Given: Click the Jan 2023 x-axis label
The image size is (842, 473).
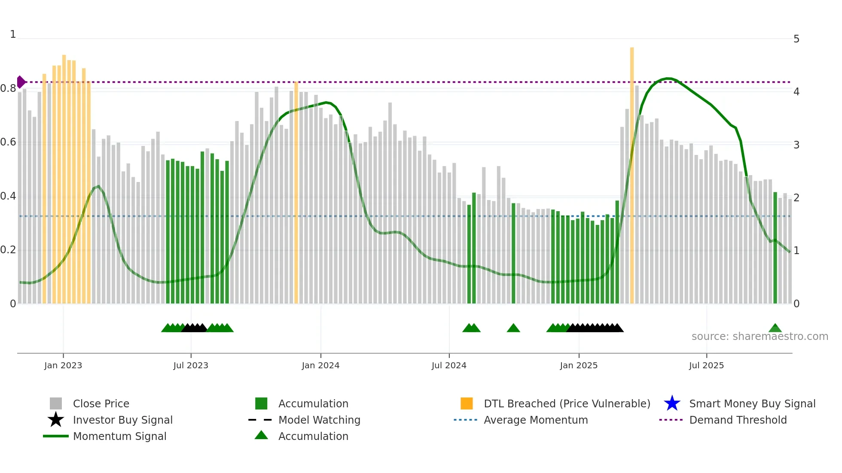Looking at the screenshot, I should [63, 365].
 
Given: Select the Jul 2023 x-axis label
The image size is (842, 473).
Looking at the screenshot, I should [191, 365].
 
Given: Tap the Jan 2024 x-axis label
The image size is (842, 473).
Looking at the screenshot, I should [320, 365].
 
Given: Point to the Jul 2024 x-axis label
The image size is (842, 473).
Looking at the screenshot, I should [449, 365].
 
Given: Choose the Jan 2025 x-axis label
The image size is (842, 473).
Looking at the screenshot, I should [579, 365].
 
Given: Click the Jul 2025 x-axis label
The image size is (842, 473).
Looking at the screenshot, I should [706, 365].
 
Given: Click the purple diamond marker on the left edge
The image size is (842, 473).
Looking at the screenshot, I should [21, 82].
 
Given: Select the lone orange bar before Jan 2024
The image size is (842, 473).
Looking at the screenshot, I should [296, 193].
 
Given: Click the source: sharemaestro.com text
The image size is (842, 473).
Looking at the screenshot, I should [760, 337].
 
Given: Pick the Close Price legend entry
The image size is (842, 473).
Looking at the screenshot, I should [101, 403].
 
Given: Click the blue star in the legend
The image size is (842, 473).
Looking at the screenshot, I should [672, 403].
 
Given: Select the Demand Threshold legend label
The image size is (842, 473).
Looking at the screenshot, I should [738, 420].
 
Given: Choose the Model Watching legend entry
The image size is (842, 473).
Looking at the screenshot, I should [319, 420].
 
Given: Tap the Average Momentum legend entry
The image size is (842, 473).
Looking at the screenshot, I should [536, 420].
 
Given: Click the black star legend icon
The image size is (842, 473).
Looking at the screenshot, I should [56, 420].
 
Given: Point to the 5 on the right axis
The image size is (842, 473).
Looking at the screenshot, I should [796, 39].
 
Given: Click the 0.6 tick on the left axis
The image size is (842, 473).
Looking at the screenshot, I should [8, 142].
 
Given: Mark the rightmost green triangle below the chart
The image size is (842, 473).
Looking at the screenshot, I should [775, 328].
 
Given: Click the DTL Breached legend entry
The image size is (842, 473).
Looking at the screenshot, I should [567, 403].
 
